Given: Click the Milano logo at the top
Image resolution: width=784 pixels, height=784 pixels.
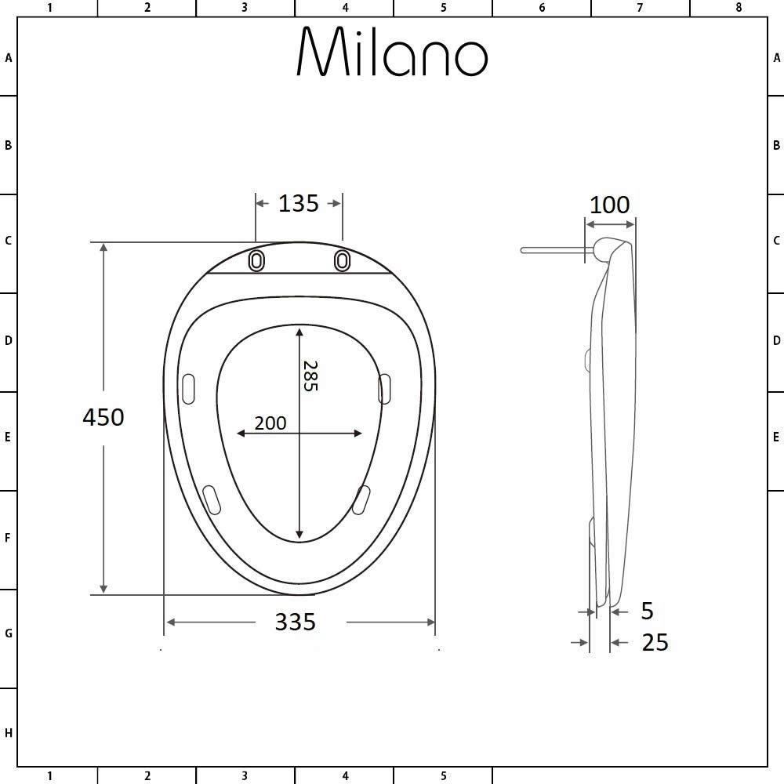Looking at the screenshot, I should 392,53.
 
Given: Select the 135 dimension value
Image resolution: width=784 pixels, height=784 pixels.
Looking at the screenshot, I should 299,203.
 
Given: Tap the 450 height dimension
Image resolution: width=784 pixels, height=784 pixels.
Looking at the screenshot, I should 103,417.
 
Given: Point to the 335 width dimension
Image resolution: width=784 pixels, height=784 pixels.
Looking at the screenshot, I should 296,622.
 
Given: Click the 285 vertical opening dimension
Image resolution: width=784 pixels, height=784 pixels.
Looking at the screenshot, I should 310,376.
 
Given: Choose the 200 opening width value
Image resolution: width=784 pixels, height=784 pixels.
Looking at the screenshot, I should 270,423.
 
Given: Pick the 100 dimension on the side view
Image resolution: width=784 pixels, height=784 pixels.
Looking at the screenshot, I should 609,205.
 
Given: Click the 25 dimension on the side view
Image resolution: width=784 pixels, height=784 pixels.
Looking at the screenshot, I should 655,642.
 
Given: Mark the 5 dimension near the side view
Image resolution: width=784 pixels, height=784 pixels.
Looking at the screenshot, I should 647,610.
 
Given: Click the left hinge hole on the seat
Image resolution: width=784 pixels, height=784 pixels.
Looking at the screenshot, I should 256,260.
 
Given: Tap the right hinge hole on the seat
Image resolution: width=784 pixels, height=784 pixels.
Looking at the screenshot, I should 343,260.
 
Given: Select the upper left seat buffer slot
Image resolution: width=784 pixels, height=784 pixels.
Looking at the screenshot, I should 188,389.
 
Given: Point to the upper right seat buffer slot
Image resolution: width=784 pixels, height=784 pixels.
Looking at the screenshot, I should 385,389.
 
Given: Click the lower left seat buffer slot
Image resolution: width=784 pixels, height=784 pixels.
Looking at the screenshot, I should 212,499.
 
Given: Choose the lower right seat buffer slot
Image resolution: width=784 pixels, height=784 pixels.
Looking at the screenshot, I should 361,499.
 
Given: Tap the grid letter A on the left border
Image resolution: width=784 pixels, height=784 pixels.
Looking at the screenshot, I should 9,58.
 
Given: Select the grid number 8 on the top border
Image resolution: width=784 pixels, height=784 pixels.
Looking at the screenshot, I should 738,8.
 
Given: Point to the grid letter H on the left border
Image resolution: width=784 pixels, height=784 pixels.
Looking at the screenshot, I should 9,733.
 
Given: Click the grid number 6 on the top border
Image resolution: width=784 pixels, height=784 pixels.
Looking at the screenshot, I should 542,8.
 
